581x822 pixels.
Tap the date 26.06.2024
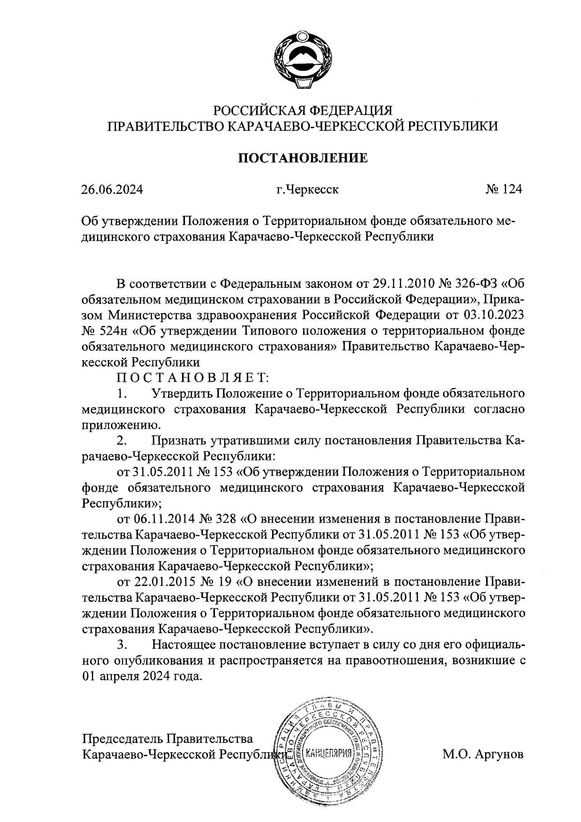tap(112, 189)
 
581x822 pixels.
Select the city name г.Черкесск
tap(307, 189)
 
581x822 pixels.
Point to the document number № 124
tap(504, 189)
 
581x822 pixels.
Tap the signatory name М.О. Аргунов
tap(483, 754)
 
